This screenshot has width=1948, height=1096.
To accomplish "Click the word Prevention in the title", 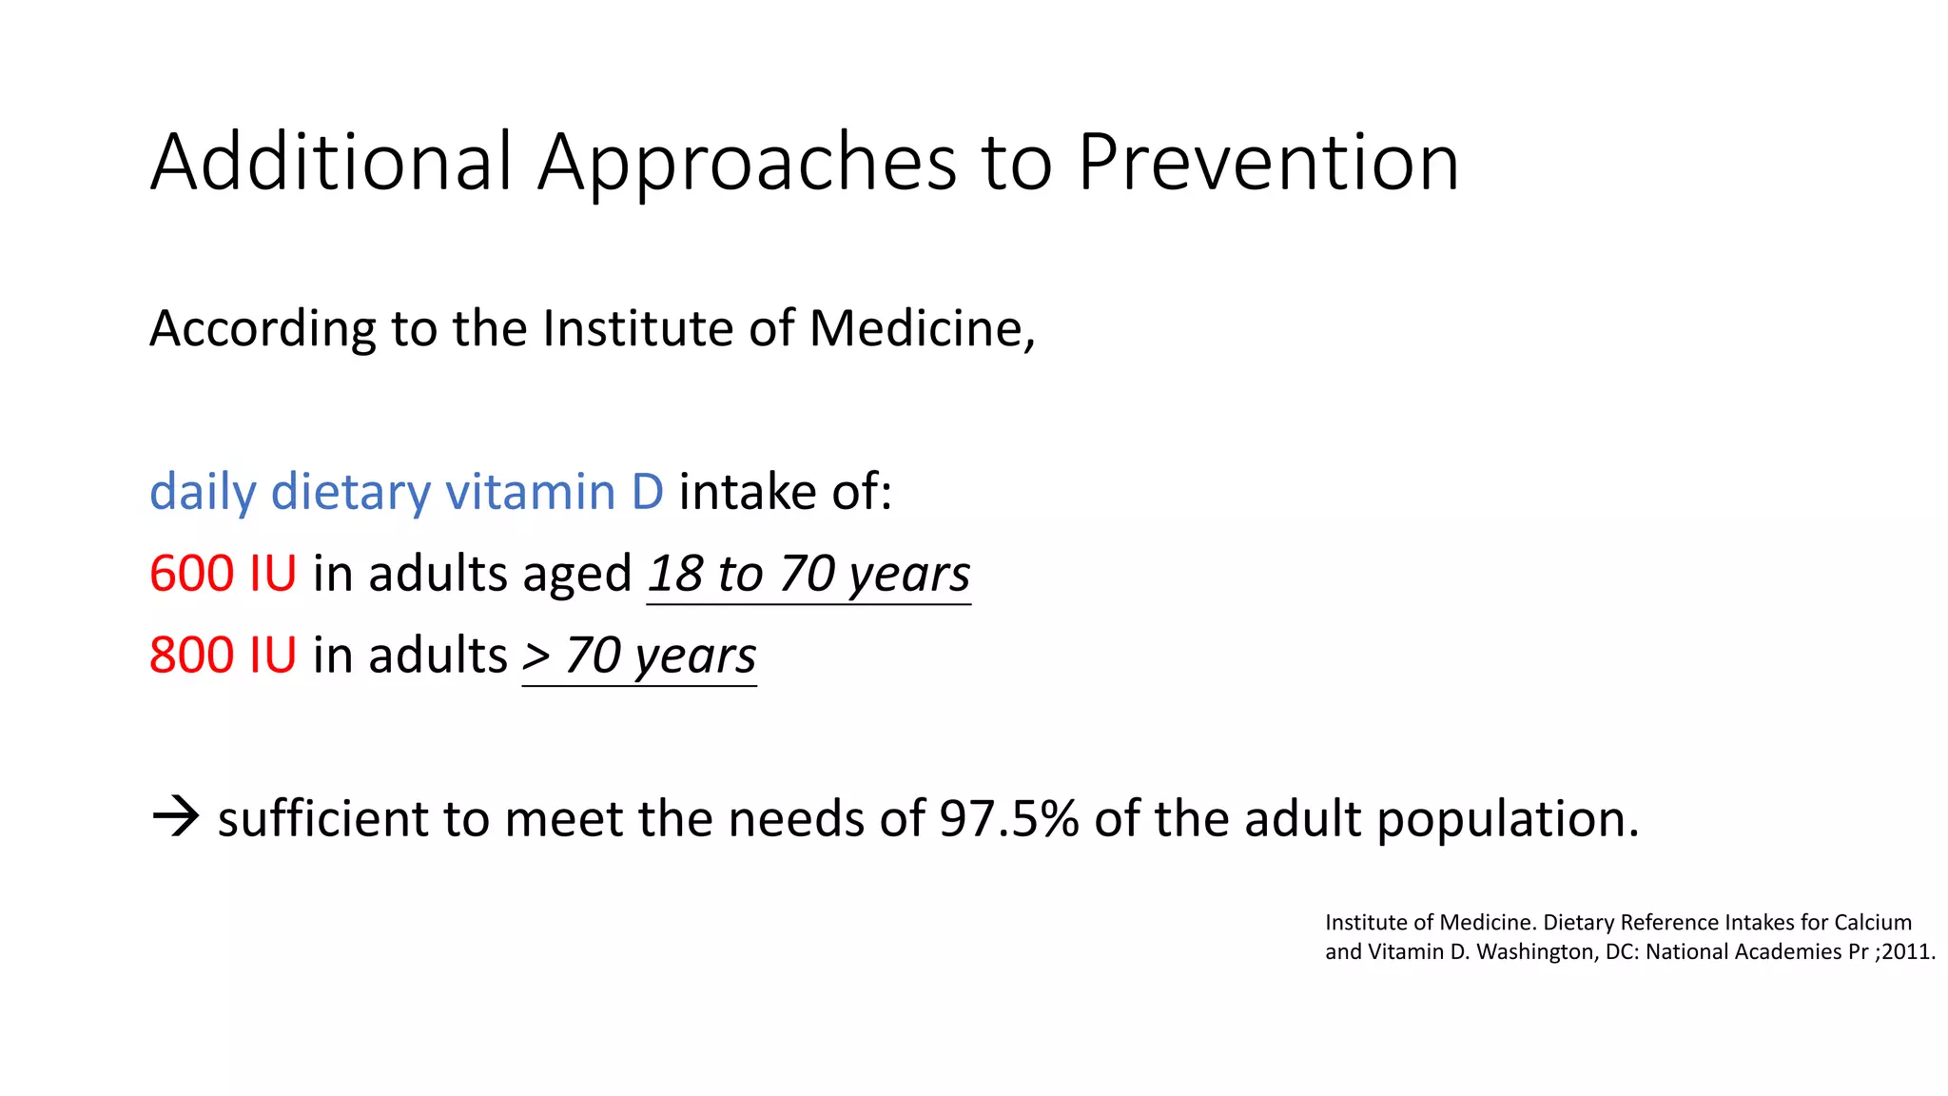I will pos(1268,162).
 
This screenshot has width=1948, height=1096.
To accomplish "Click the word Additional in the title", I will pos(331,162).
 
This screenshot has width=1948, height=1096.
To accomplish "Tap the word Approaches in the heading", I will pos(747,164).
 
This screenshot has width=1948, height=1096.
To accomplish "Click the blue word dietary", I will pos(350,494).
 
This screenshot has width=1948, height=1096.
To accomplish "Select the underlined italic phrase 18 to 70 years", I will pos(808,574).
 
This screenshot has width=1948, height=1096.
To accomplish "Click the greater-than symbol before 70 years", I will pos(536,656).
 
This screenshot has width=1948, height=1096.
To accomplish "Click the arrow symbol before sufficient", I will pos(176,816).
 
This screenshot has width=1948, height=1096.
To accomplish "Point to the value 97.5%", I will pos(1008,818).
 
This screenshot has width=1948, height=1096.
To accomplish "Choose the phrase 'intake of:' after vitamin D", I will pos(785,492).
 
